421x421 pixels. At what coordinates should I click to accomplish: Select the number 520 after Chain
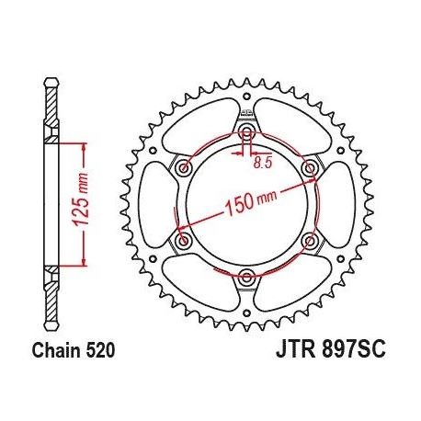tap(101, 351)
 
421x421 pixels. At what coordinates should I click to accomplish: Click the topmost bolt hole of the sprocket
tap(246, 134)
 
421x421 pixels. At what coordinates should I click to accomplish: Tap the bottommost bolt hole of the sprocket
tap(246, 275)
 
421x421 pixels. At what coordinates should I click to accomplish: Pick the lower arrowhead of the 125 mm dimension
tap(84, 261)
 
